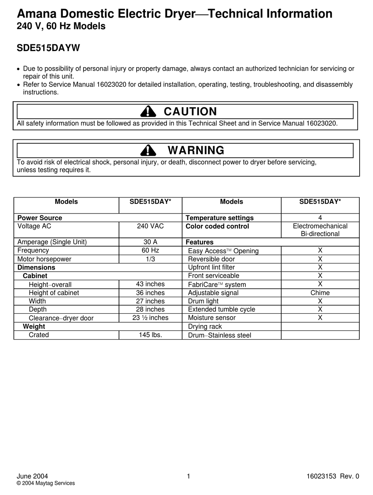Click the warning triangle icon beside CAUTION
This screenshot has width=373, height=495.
click(148, 112)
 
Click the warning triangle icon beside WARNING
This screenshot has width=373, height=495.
click(148, 150)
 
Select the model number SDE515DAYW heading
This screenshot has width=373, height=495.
click(48, 48)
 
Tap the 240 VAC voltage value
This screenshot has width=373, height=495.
click(150, 226)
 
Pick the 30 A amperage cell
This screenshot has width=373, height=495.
click(150, 242)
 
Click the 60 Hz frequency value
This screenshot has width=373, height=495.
click(150, 250)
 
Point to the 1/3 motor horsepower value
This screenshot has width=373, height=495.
click(150, 259)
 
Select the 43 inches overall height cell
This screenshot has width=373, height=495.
click(150, 284)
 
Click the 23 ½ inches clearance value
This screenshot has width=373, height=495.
click(150, 318)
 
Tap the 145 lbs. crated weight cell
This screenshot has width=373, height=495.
click(150, 335)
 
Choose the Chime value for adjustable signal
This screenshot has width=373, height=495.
click(320, 293)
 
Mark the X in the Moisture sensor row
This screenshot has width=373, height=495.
click(320, 318)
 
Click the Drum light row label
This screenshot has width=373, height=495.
click(203, 301)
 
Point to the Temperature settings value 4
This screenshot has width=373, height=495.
click(320, 218)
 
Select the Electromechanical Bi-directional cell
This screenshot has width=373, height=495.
click(320, 230)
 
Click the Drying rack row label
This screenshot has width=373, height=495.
click(205, 327)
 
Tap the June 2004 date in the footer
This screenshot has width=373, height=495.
click(32, 477)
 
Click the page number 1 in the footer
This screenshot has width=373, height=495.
click(188, 477)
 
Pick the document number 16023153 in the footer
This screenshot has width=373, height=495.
click(321, 477)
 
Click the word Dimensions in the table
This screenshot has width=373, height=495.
click(37, 268)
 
